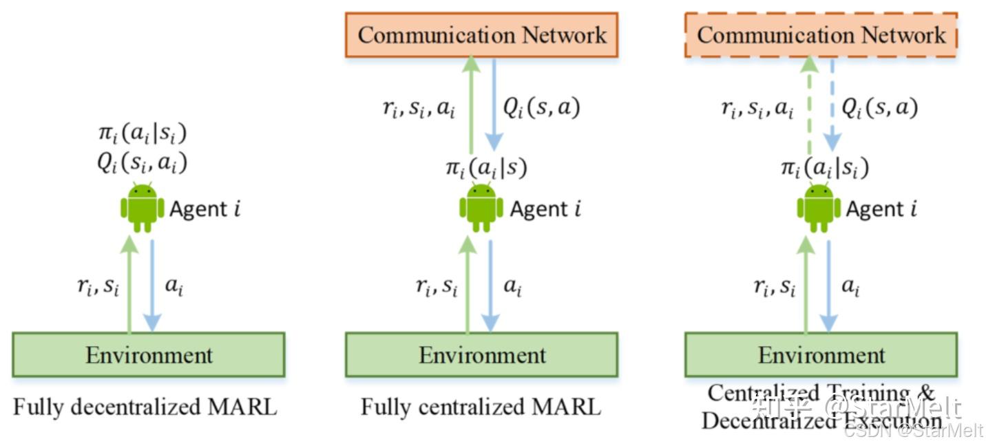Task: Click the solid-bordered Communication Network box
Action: (x=481, y=35)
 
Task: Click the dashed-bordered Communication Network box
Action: (x=821, y=35)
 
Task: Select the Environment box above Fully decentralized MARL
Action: (x=148, y=355)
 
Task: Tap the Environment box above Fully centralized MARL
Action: (x=481, y=355)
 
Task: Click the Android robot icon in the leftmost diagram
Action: (x=143, y=207)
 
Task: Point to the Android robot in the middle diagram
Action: (x=481, y=207)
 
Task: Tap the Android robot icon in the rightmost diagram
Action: (x=819, y=207)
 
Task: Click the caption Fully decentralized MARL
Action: (x=145, y=407)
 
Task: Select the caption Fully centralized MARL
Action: (x=481, y=407)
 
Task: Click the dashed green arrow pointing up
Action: (x=809, y=107)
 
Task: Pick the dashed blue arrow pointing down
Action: (x=832, y=107)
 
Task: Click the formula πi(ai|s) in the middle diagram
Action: (x=485, y=169)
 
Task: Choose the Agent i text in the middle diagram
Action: (x=545, y=208)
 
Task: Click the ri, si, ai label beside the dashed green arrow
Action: (x=757, y=109)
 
